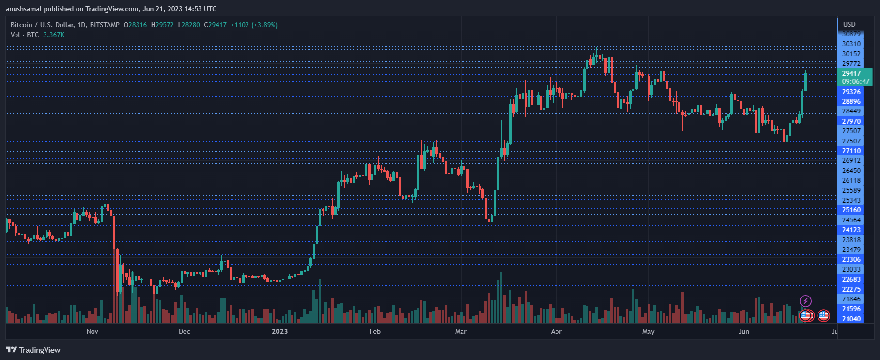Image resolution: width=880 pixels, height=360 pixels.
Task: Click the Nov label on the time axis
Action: click(x=92, y=331)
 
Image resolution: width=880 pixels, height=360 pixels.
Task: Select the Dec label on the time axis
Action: click(x=184, y=331)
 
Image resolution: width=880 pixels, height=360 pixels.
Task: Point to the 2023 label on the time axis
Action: click(x=279, y=331)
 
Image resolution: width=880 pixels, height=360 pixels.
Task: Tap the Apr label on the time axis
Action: click(x=556, y=331)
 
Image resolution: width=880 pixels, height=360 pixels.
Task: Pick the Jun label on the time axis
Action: click(x=743, y=331)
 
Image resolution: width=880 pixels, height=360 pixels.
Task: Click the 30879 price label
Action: click(x=851, y=34)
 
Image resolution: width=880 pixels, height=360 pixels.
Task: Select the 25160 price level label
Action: click(x=851, y=210)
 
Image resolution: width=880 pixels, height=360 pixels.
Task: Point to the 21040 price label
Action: click(x=851, y=319)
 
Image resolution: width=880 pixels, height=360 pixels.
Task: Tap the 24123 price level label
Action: click(x=851, y=230)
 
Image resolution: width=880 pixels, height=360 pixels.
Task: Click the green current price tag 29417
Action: click(x=851, y=74)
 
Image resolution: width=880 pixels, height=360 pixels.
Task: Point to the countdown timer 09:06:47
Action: click(x=855, y=82)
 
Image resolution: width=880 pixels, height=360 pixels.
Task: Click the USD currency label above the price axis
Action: click(x=849, y=24)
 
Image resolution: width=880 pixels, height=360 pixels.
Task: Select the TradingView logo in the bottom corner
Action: click(x=33, y=350)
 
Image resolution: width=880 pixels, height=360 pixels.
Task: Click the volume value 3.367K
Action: click(x=54, y=35)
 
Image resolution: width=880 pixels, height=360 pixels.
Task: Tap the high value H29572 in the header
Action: click(x=162, y=25)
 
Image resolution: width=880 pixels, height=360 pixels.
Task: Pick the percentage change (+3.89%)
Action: click(x=264, y=25)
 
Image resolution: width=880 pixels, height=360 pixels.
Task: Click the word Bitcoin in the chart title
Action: click(x=21, y=25)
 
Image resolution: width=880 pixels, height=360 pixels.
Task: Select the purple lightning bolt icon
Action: click(x=805, y=301)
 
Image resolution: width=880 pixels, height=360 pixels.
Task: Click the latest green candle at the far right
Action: click(x=805, y=81)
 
